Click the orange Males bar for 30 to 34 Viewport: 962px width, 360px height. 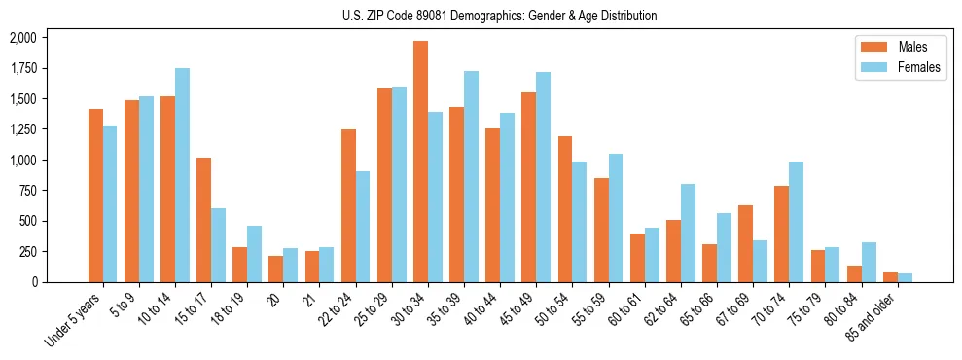tap(420, 162)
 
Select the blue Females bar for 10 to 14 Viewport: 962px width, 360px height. tap(182, 175)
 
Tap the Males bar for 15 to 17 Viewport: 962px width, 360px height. tap(203, 220)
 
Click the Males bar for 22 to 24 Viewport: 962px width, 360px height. tap(348, 205)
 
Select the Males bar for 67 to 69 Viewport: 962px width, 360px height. tap(745, 243)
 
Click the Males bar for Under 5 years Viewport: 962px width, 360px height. tap(95, 196)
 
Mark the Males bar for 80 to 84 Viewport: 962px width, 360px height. tap(854, 273)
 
